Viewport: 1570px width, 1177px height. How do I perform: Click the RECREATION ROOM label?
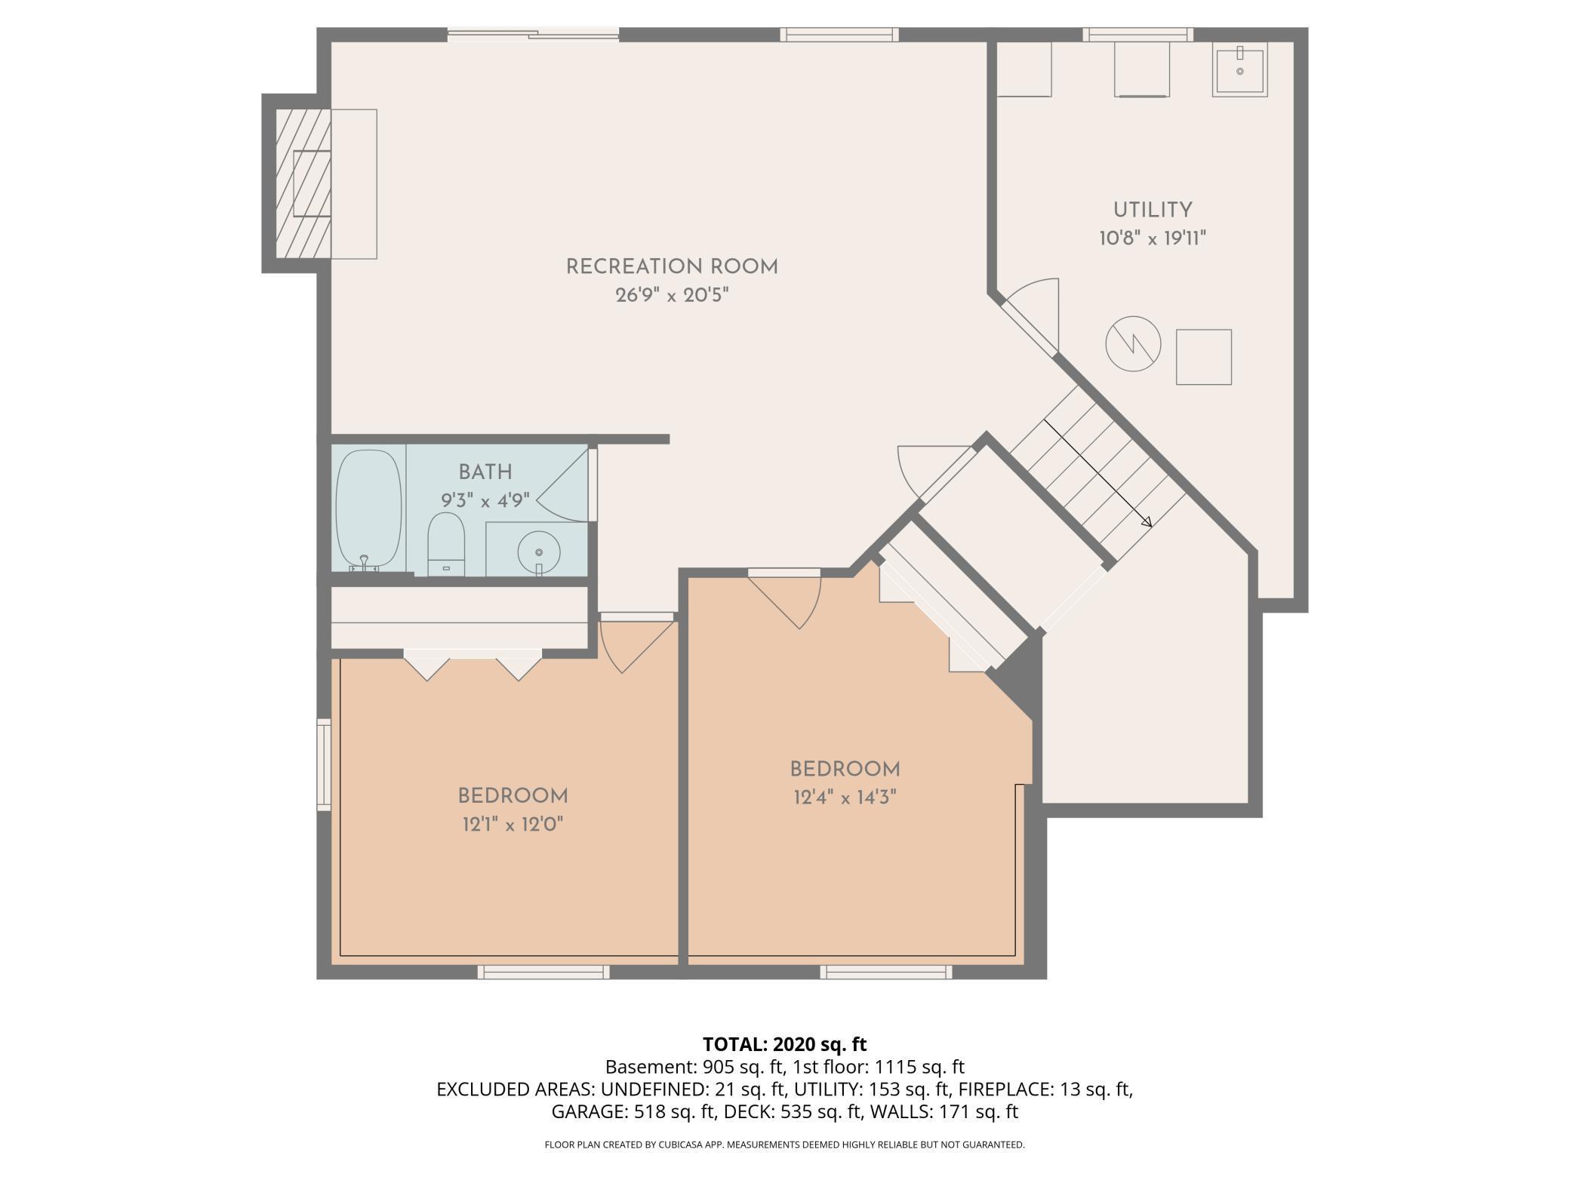tap(672, 267)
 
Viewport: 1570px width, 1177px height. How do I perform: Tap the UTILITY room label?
tap(1153, 211)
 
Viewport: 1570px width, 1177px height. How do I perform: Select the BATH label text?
tap(485, 472)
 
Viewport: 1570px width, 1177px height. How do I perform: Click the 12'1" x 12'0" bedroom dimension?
tap(513, 825)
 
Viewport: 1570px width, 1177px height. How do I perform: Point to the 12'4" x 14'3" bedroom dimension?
tap(845, 797)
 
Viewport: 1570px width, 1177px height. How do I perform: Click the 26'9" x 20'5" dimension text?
tap(672, 295)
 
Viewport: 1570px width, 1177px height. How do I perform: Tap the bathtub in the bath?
tap(368, 510)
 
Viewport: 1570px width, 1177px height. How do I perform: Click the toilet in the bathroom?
tap(445, 544)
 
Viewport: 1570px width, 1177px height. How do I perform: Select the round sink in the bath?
tap(539, 551)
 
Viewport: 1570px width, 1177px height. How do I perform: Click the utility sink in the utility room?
tap(1239, 69)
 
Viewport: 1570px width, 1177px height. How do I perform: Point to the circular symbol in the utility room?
tap(1133, 343)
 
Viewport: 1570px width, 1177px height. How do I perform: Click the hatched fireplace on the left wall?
tap(303, 183)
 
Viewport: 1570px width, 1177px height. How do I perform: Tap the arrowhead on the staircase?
tap(1146, 521)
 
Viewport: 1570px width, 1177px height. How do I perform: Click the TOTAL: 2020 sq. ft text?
tap(784, 1044)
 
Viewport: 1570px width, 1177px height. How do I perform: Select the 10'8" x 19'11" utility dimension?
tap(1153, 239)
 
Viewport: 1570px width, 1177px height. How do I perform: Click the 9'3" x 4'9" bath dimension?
tap(485, 500)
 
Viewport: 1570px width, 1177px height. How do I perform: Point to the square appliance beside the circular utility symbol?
tap(1204, 357)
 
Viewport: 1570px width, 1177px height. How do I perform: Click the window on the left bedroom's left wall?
tap(324, 765)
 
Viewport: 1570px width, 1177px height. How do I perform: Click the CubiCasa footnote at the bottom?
tap(784, 1145)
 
